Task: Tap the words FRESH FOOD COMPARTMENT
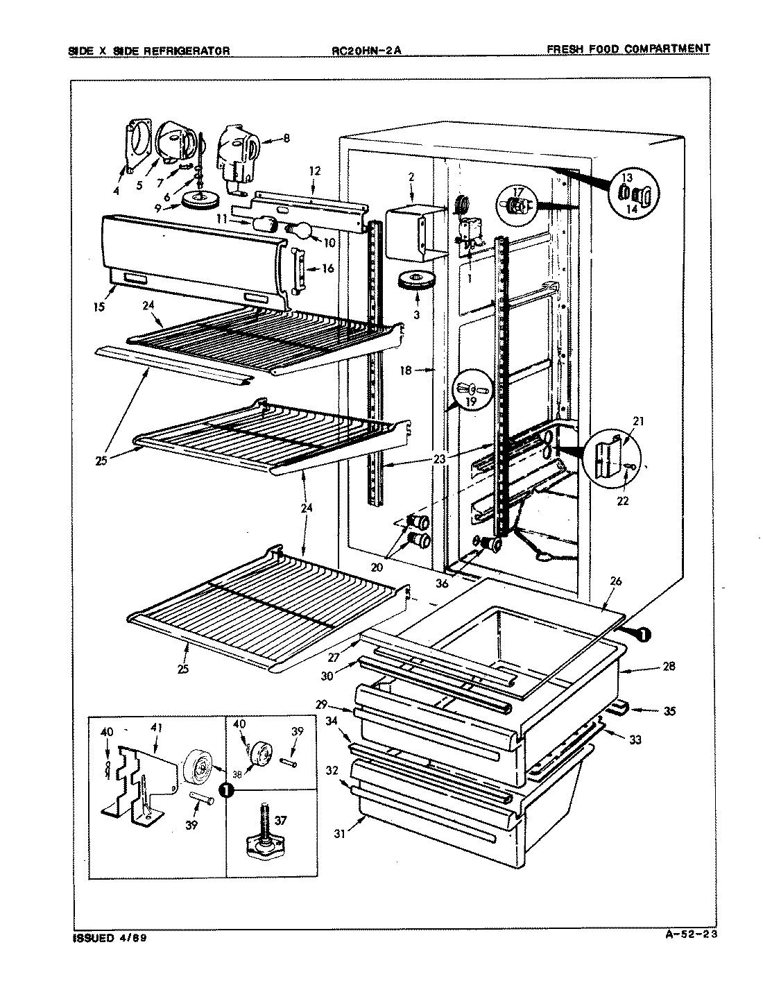click(628, 49)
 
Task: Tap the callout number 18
click(405, 370)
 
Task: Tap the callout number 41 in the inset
click(153, 729)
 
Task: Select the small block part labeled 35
click(617, 707)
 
